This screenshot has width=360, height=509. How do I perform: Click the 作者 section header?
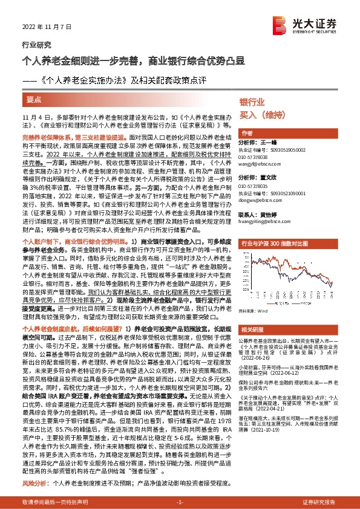246,133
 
